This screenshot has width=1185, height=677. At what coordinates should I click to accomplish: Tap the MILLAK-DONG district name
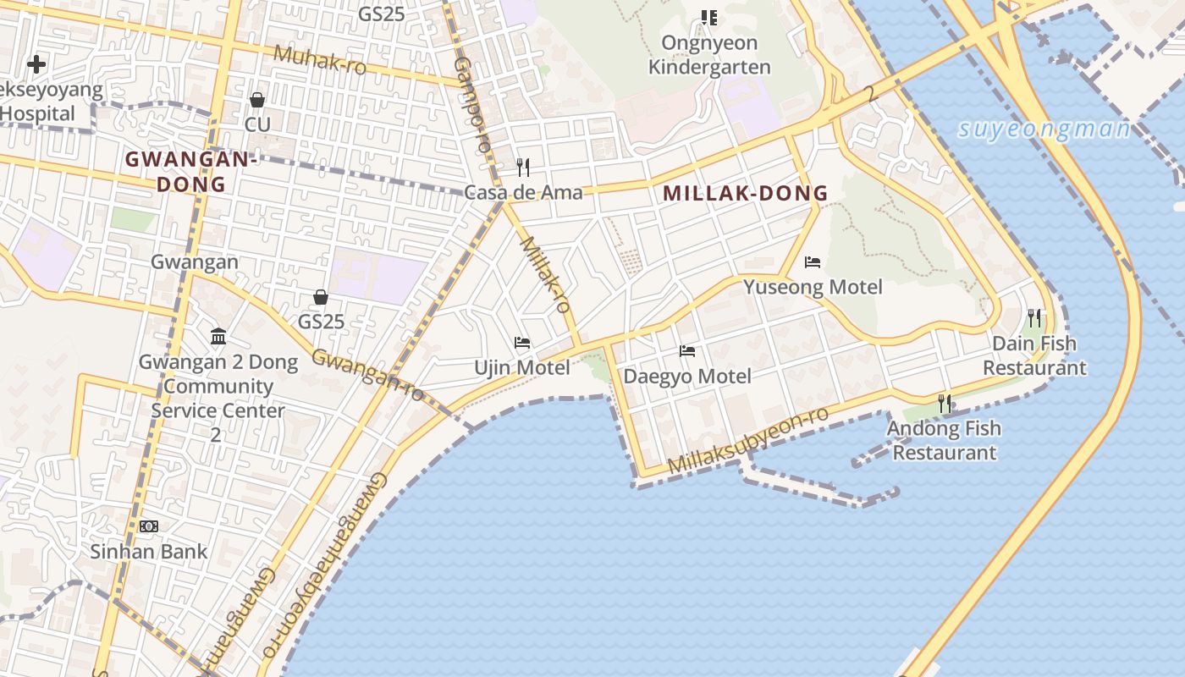tap(745, 193)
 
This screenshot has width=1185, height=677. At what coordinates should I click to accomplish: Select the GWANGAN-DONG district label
tap(190, 171)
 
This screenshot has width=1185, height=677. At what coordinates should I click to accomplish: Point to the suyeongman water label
tap(1044, 129)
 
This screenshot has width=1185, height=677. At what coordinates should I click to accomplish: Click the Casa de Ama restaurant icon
tap(523, 168)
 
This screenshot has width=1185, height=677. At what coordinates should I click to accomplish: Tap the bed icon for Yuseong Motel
tap(813, 262)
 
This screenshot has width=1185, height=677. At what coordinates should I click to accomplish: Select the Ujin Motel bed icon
tap(522, 343)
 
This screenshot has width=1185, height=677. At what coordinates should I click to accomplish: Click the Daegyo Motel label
tap(687, 376)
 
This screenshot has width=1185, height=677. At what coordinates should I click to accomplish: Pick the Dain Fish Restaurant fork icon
tap(1034, 318)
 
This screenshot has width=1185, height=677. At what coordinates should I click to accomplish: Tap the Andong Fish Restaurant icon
tap(945, 404)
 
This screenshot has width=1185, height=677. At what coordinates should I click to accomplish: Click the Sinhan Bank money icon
tap(149, 526)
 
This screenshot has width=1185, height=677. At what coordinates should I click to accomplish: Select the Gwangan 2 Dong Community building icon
tap(218, 337)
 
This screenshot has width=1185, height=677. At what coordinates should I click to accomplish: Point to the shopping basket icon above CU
tap(257, 100)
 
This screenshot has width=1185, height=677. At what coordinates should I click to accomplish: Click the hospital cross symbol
tap(36, 63)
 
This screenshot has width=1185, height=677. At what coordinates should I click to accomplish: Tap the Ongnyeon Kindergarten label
tap(709, 55)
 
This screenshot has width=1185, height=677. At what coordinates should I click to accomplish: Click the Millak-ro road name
tap(545, 275)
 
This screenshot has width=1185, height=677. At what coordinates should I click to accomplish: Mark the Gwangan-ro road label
tap(367, 374)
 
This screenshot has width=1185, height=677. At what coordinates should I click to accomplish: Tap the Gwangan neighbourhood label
tap(195, 262)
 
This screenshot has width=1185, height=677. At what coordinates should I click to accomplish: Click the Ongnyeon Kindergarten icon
tap(709, 17)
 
